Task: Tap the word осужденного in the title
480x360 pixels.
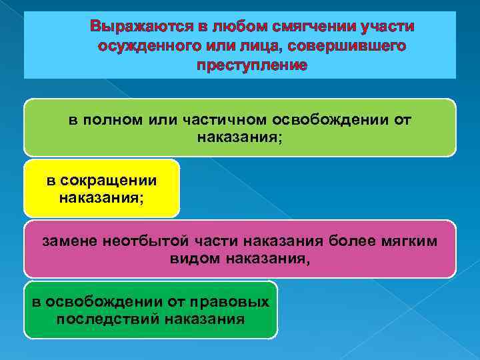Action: [x=142, y=47]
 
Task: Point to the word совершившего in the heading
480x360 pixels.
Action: [x=357, y=47]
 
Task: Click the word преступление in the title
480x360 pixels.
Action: [x=252, y=65]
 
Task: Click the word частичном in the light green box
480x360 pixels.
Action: [x=220, y=119]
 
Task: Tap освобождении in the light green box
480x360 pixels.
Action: [x=331, y=119]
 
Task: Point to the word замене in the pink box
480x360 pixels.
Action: [x=69, y=241]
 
